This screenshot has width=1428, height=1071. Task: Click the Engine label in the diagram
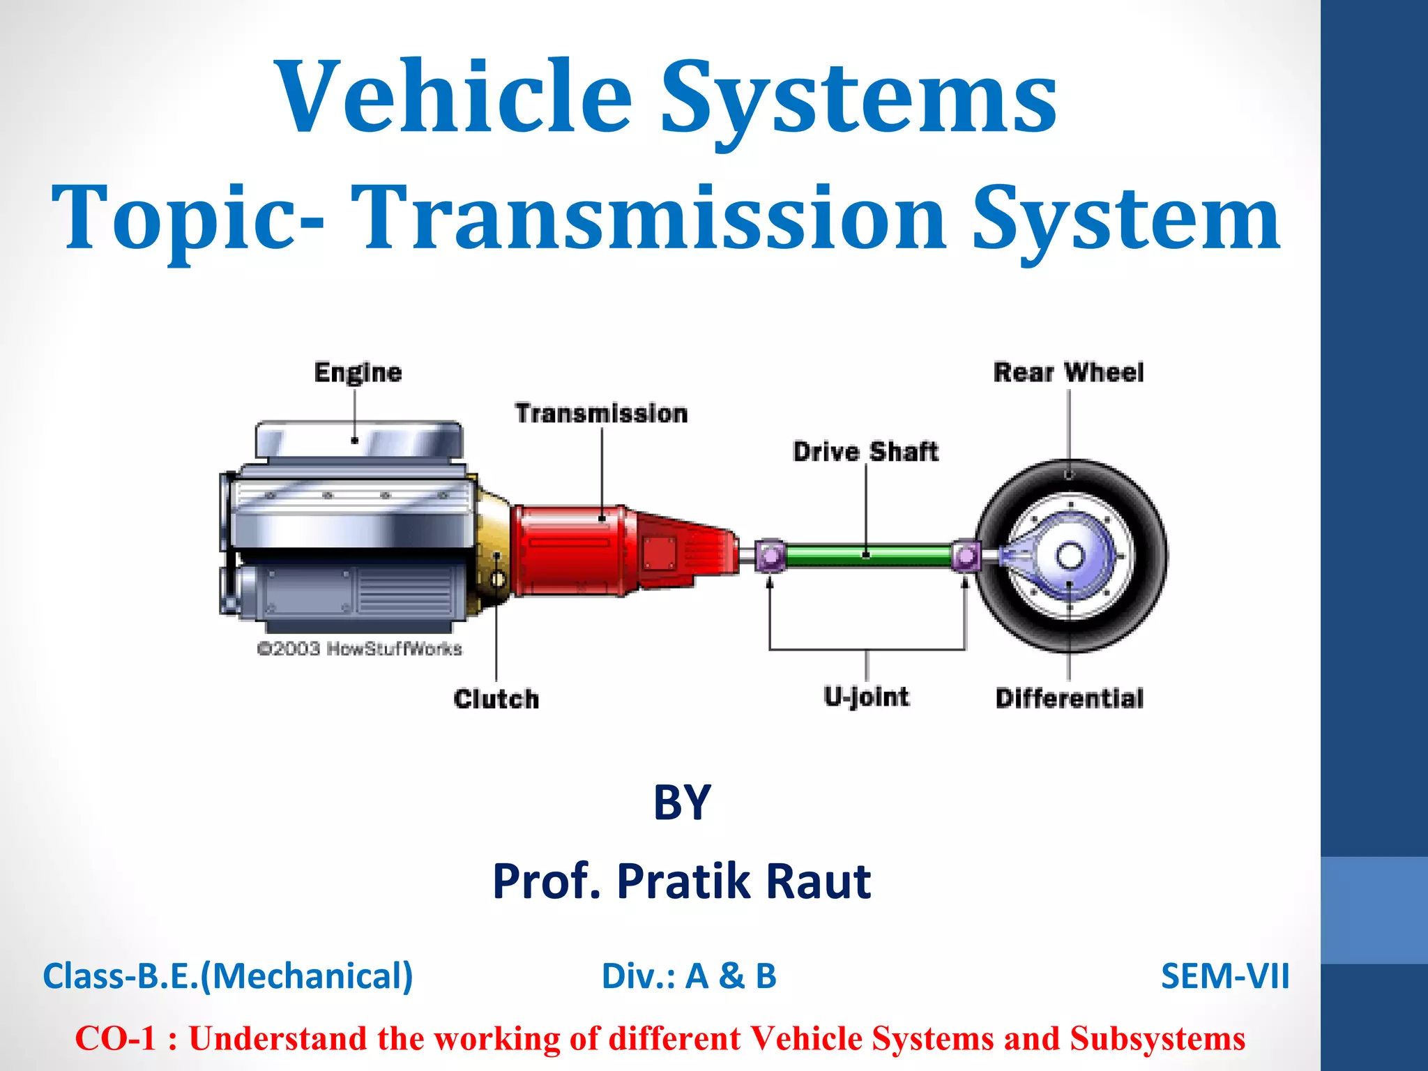pos(358,372)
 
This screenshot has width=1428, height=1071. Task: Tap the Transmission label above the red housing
pos(601,413)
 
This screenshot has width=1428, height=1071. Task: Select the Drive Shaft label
pos(865,452)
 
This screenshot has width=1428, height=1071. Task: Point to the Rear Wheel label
pos(1068,372)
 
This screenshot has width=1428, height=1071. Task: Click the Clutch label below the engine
pos(496,699)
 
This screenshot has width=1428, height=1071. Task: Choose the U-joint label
pos(866,697)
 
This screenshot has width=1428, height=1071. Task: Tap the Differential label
pos(1069,698)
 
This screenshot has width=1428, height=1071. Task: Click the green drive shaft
pos(867,556)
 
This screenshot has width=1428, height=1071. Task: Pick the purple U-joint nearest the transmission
pos(770,556)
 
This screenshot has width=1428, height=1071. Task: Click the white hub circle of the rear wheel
pos(1070,556)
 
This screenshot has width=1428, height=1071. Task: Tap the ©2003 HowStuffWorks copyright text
pos(359,649)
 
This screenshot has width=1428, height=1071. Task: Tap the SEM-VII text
pos(1224,976)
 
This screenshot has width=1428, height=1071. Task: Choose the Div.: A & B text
pos(689,976)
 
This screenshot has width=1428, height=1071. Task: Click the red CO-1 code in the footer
pos(116,1038)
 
